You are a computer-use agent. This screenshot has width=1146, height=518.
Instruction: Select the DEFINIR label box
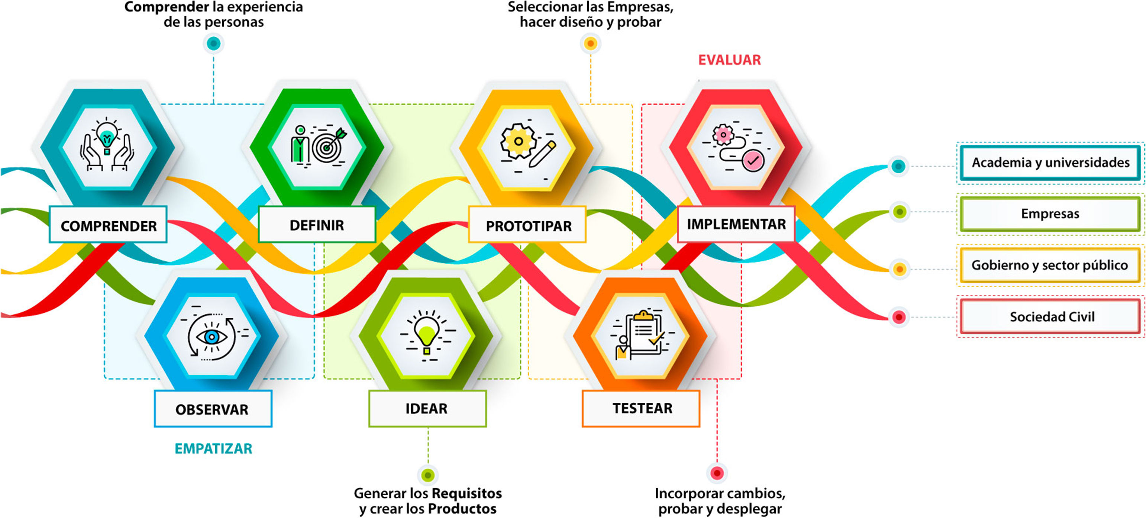coord(317,224)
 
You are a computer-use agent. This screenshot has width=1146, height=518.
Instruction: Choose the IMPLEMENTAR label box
coord(736,223)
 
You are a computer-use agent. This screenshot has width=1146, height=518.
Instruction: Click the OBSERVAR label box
coord(213,409)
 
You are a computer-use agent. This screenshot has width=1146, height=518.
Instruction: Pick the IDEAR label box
coord(427,408)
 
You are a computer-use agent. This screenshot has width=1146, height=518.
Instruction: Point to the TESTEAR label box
coord(641,408)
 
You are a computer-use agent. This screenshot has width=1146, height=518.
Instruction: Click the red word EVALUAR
coord(729,59)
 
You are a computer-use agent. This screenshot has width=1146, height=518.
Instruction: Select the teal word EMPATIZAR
coord(213,448)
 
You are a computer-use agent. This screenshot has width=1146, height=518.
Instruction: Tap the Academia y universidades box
coord(1050,163)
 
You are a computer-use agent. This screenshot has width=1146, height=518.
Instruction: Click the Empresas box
coord(1050,213)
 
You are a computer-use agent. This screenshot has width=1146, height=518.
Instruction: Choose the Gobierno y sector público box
coord(1050,265)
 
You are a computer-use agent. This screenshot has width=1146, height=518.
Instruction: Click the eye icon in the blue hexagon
coord(212,337)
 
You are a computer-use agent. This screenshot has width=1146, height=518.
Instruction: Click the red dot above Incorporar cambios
coord(717,473)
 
